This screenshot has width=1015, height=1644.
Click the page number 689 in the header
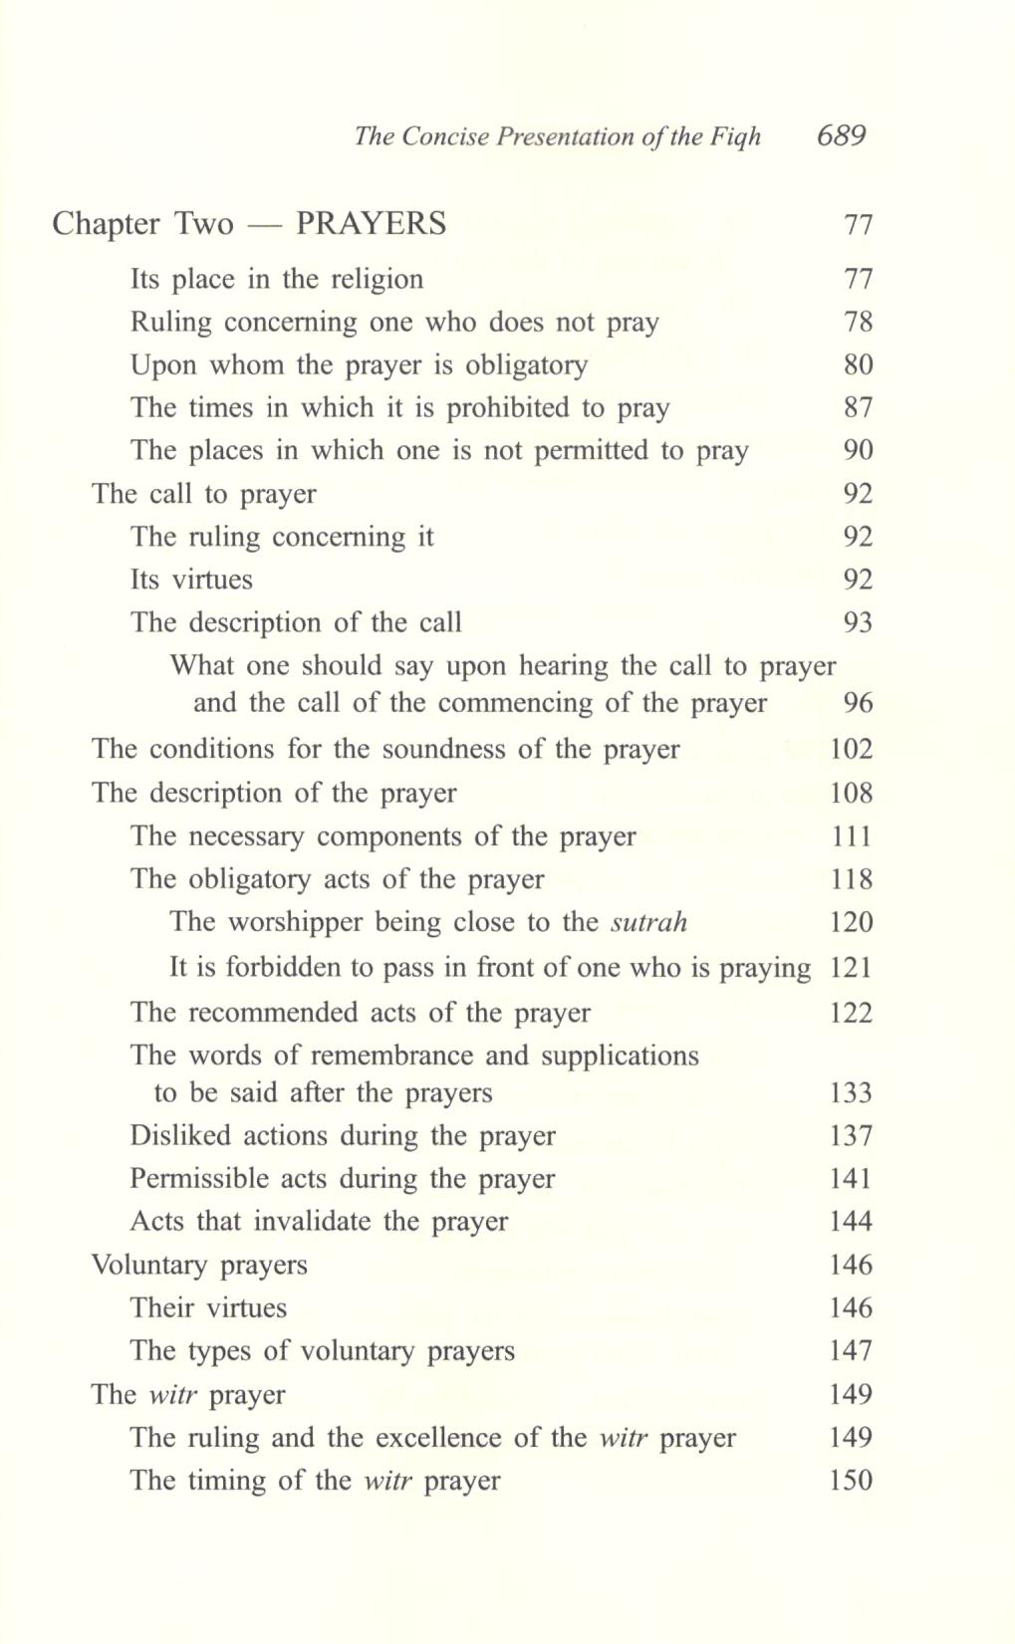pyautogui.click(x=841, y=135)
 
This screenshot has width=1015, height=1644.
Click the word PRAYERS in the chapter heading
pyautogui.click(x=372, y=223)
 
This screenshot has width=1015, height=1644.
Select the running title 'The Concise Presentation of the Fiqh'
pyautogui.click(x=557, y=136)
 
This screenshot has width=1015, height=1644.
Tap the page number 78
pyautogui.click(x=858, y=322)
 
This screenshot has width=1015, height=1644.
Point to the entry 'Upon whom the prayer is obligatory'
pyautogui.click(x=359, y=365)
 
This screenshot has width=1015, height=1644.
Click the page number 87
pyautogui.click(x=858, y=407)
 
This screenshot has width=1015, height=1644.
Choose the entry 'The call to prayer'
pyautogui.click(x=203, y=494)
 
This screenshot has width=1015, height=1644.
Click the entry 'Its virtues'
pyautogui.click(x=191, y=580)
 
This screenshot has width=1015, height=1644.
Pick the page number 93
pyautogui.click(x=858, y=622)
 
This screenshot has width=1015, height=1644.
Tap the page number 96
pyautogui.click(x=858, y=703)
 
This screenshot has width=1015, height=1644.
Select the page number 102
pyautogui.click(x=851, y=749)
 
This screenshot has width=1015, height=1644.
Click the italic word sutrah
pyautogui.click(x=648, y=922)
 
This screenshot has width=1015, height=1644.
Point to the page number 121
pyautogui.click(x=851, y=968)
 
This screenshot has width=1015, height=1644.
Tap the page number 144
pyautogui.click(x=851, y=1222)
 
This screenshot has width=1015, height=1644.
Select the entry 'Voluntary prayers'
pyautogui.click(x=199, y=1266)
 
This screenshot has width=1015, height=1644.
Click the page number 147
pyautogui.click(x=851, y=1351)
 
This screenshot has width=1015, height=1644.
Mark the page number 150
pyautogui.click(x=851, y=1481)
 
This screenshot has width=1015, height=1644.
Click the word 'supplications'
pyautogui.click(x=620, y=1056)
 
